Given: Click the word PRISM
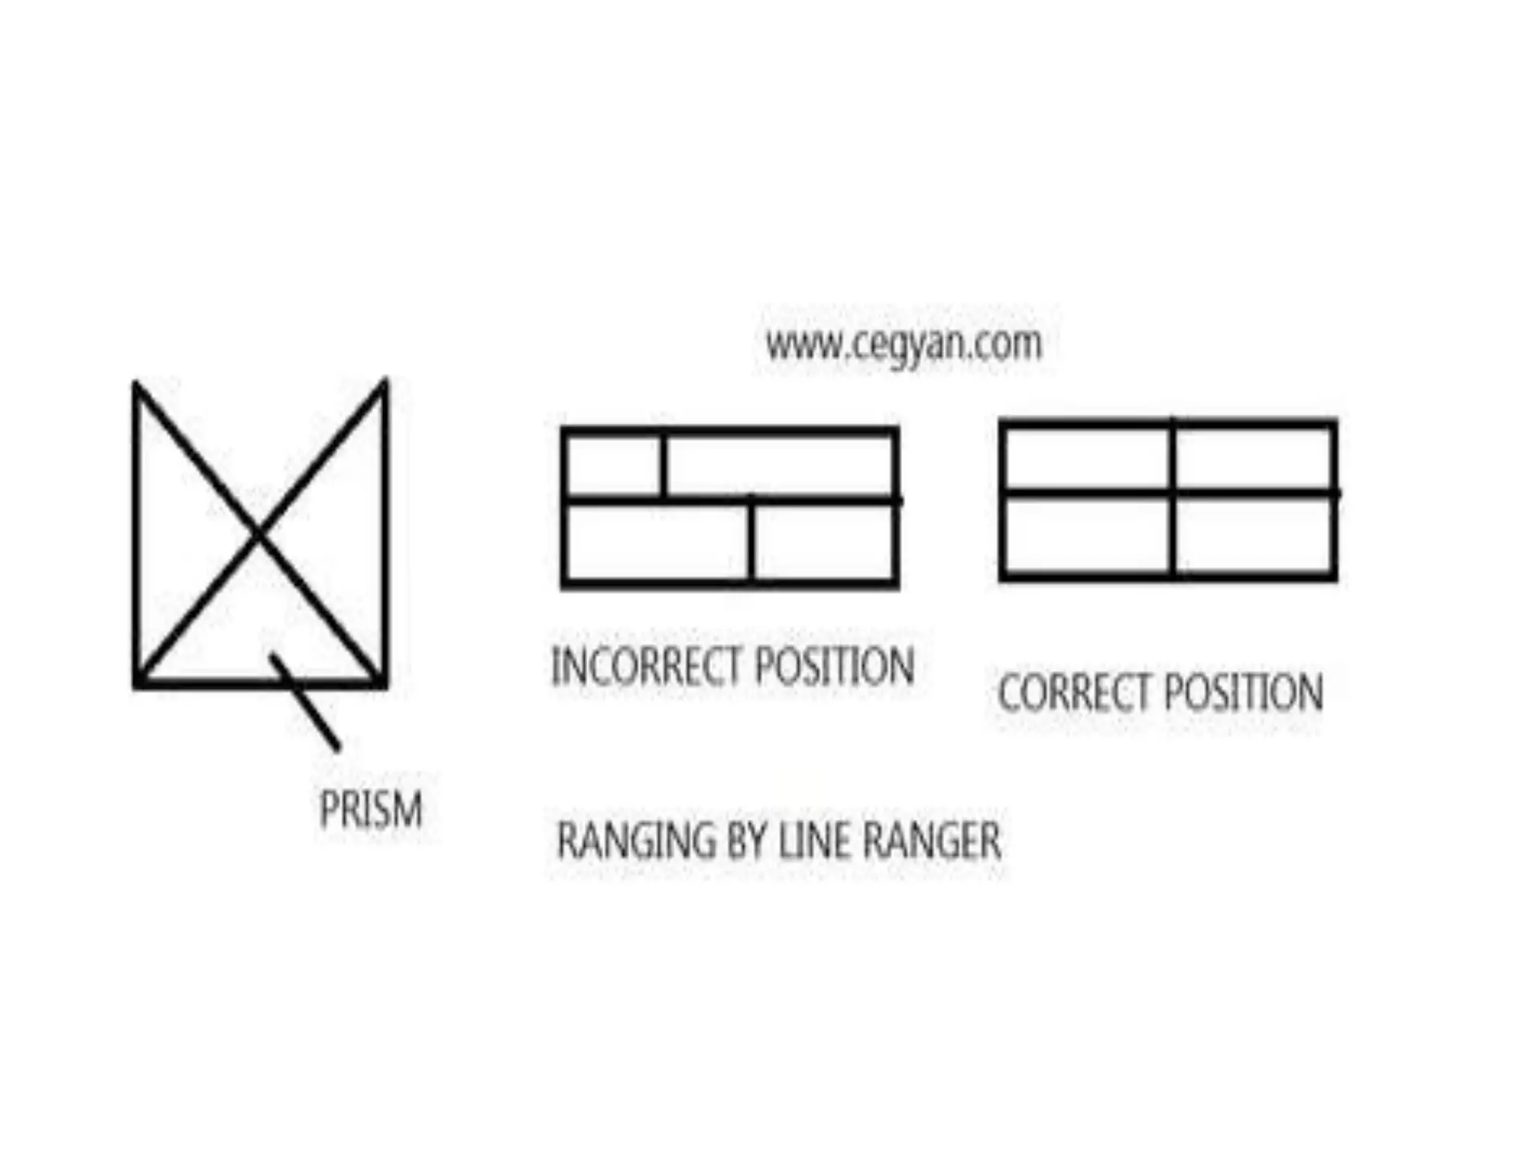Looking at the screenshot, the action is pos(371,809).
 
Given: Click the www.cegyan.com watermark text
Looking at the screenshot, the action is pos(904,345).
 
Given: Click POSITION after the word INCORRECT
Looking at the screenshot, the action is pos(834,666).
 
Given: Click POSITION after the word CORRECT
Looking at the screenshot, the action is pos(1243,692).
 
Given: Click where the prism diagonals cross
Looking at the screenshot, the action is pos(258,533).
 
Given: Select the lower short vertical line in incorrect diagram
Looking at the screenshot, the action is pos(752,540).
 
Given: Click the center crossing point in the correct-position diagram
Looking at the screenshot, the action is pos(1172,493).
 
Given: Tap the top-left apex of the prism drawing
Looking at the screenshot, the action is pos(136,384).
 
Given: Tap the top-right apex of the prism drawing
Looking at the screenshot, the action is pos(384,382).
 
